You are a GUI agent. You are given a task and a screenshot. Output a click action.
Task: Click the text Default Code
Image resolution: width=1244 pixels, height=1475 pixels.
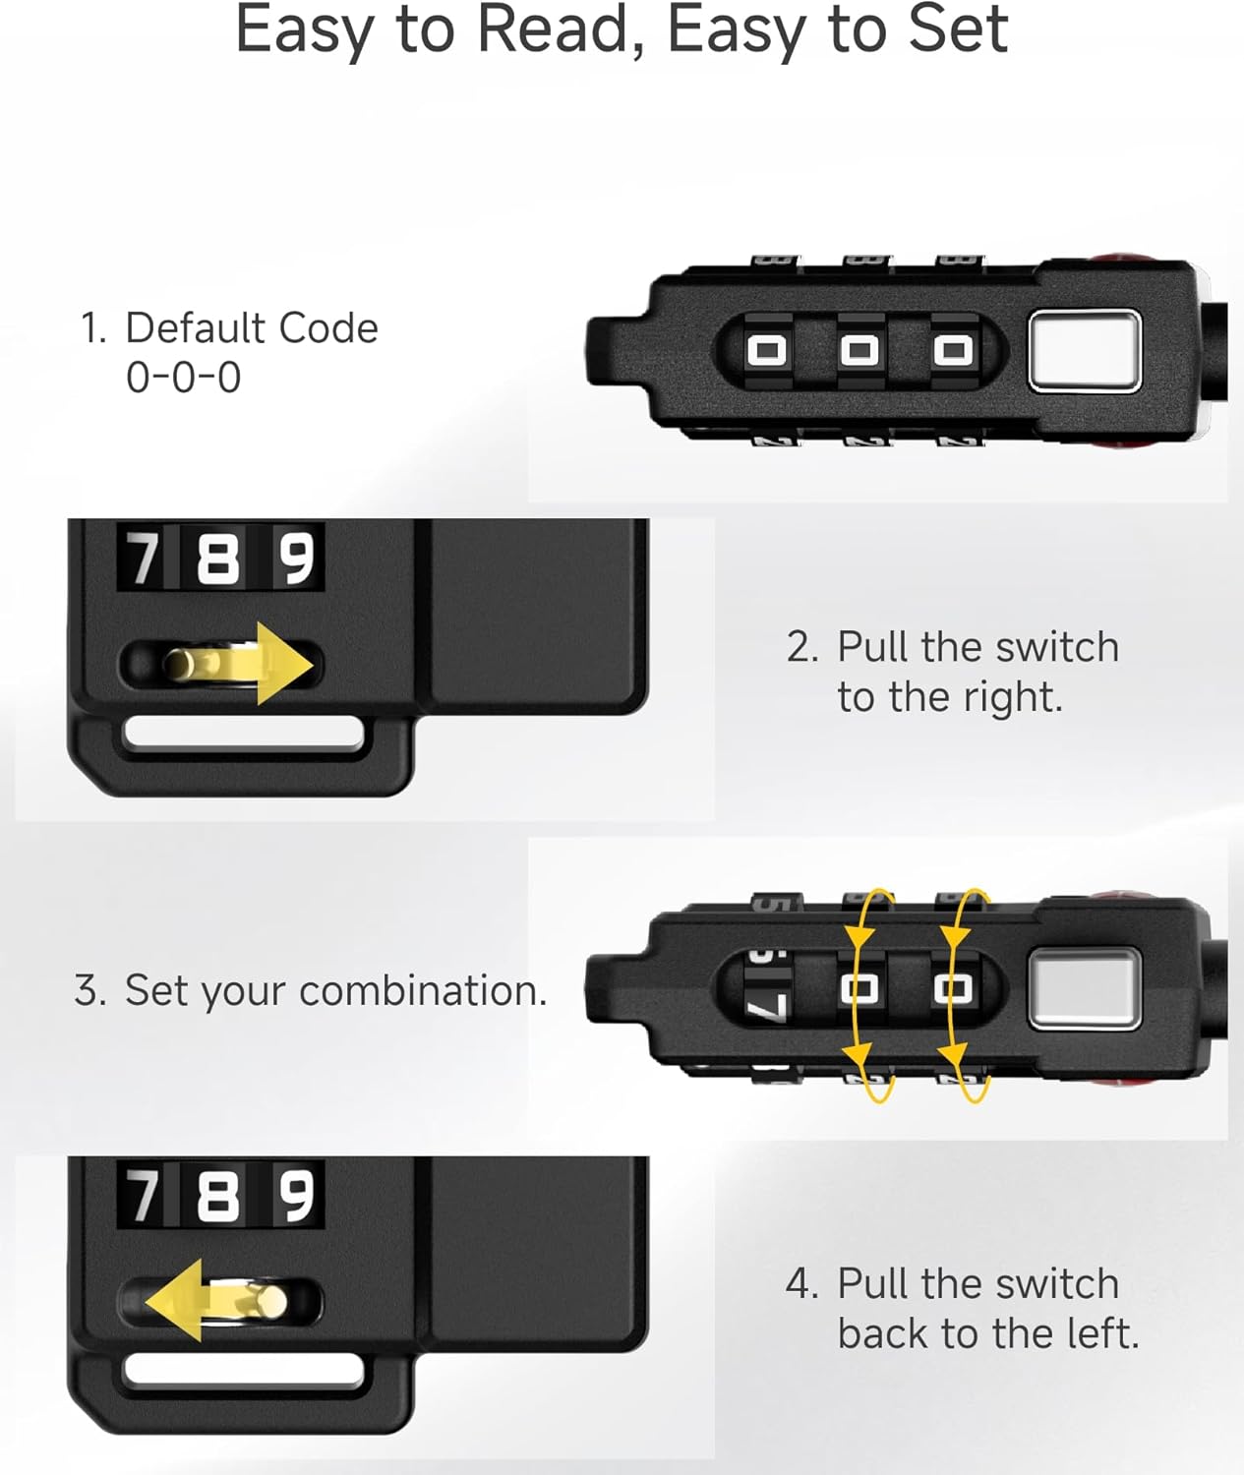[x=252, y=328]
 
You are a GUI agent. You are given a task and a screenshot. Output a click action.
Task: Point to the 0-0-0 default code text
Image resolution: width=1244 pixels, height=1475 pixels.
[x=184, y=378]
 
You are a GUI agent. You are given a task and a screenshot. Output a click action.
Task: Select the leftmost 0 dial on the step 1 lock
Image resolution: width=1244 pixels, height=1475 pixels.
[x=766, y=350]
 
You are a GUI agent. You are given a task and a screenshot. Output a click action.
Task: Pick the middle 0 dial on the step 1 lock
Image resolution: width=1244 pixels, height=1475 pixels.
[x=859, y=350]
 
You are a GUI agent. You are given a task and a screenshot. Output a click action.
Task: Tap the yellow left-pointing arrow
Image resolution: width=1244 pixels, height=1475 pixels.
[x=215, y=1301]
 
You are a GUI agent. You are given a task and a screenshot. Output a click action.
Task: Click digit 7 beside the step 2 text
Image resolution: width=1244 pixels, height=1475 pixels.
[x=143, y=559]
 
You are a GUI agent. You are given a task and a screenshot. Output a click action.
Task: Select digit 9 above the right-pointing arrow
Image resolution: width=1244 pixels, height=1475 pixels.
[x=296, y=559]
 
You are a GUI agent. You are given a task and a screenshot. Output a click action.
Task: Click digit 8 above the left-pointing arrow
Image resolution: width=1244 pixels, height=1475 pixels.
[x=217, y=1196]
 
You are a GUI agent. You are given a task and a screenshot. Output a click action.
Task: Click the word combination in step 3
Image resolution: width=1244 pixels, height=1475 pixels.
[x=423, y=991]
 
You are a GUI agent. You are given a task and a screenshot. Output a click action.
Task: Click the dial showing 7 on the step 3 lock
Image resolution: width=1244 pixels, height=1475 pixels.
[x=766, y=985]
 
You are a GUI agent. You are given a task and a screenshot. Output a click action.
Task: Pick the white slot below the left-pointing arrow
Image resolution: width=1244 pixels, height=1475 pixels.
[x=244, y=1373]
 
